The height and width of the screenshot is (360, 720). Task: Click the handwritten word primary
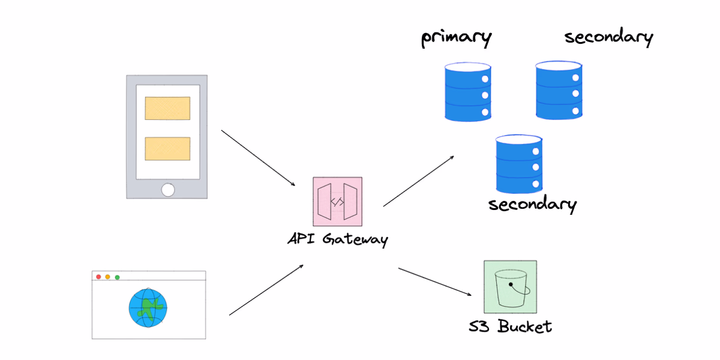click(456, 38)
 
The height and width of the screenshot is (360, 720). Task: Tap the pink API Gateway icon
click(337, 201)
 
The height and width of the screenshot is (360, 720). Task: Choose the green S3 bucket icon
click(510, 287)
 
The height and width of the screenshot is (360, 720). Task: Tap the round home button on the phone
click(167, 190)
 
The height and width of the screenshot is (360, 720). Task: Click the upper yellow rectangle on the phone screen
click(167, 109)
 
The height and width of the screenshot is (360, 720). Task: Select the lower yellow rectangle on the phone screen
click(167, 149)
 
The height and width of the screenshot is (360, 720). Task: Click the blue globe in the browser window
click(147, 308)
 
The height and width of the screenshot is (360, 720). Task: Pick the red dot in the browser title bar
click(98, 277)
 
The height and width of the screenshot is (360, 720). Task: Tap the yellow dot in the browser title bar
click(107, 277)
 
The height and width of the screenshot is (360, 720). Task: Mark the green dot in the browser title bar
click(117, 277)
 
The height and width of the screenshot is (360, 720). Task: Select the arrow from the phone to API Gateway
click(259, 158)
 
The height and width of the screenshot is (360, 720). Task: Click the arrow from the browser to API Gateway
click(266, 290)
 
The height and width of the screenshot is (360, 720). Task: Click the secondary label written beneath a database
click(532, 204)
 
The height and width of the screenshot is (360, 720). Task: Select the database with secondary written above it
click(559, 89)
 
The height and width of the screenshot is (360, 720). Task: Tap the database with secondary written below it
click(519, 163)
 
